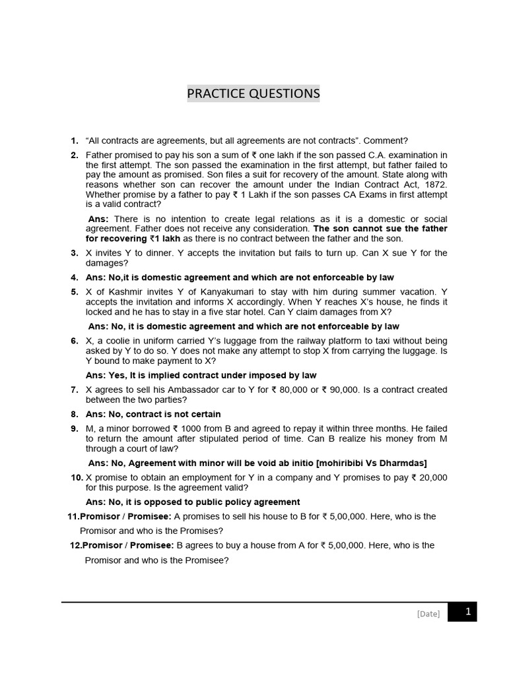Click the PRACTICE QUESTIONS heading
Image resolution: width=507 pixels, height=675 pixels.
click(x=253, y=94)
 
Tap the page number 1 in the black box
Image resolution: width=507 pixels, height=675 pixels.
click(x=467, y=612)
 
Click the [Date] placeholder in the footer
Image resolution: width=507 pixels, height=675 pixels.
click(x=428, y=614)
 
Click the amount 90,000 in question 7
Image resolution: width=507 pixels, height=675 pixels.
click(x=344, y=390)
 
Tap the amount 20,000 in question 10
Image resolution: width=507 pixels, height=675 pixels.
click(x=433, y=477)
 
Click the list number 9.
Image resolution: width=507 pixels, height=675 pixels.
click(x=75, y=428)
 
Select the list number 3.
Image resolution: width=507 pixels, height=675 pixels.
click(x=75, y=252)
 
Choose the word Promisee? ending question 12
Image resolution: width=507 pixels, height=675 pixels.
click(x=205, y=560)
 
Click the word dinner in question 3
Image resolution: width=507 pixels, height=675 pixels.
click(x=148, y=252)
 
